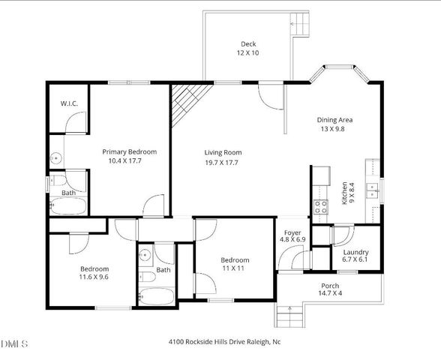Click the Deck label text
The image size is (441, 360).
tap(249, 43)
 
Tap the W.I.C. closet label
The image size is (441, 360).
tap(69, 103)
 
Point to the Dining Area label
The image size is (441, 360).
tap(334, 119)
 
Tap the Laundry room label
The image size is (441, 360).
tap(355, 252)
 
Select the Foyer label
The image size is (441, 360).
tap(292, 232)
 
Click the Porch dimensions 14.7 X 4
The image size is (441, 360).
tap(330, 295)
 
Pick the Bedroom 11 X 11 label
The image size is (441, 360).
tap(234, 259)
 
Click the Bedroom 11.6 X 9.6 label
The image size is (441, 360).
tap(94, 268)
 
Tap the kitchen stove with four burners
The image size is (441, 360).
tap(321, 206)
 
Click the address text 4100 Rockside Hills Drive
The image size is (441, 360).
tap(224, 341)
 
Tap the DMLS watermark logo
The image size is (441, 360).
tap(14, 343)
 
